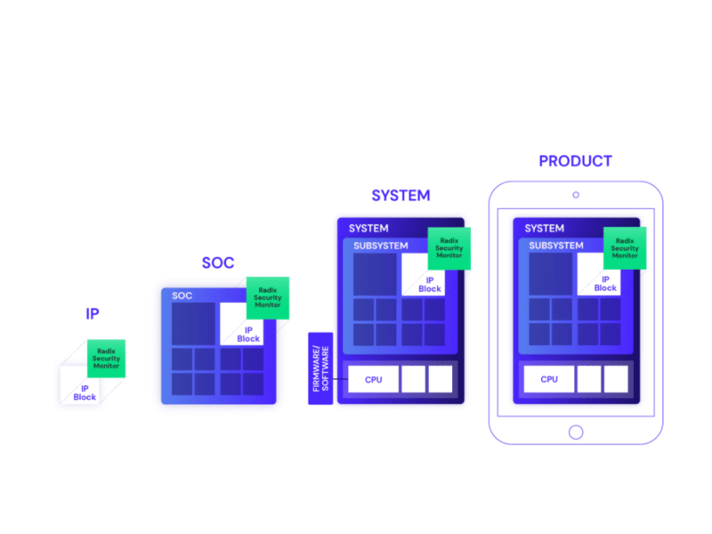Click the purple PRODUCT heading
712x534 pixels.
[x=575, y=161]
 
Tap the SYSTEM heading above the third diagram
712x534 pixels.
[x=400, y=196]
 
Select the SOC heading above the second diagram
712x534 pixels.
[x=217, y=263]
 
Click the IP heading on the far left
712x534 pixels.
[x=92, y=314]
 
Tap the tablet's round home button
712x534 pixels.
[x=576, y=432]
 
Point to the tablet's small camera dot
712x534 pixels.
[x=576, y=195]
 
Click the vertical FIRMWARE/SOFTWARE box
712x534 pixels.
[x=320, y=368]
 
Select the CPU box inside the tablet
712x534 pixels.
[x=549, y=379]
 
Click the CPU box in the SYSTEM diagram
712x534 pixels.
[x=374, y=379]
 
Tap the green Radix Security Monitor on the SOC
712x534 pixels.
[x=268, y=297]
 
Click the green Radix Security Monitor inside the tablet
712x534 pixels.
[x=625, y=247]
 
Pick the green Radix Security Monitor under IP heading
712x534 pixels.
[x=106, y=358]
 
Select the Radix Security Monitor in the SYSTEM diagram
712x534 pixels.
[x=449, y=247]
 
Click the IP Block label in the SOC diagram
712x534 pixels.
[x=248, y=334]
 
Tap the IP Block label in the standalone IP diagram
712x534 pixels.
[x=85, y=392]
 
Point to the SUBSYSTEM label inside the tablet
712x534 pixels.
[x=556, y=246]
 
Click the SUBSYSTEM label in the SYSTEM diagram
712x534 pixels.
[x=381, y=246]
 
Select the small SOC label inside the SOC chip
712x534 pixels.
[x=182, y=295]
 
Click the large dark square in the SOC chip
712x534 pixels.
[x=193, y=324]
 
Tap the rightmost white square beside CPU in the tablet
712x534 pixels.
[x=616, y=379]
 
